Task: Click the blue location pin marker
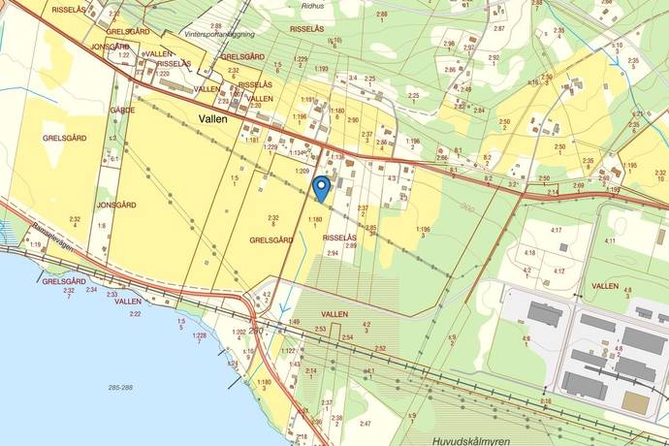click(x=322, y=187)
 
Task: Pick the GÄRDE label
click(x=122, y=111)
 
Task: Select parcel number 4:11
click(x=610, y=240)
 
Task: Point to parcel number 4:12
click(x=558, y=271)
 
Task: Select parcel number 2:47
click(x=366, y=424)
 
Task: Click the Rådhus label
click(x=313, y=4)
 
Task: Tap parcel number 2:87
click(x=498, y=29)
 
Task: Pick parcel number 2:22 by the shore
click(x=135, y=314)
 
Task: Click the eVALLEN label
click(x=156, y=54)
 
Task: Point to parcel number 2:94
click(x=333, y=253)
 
